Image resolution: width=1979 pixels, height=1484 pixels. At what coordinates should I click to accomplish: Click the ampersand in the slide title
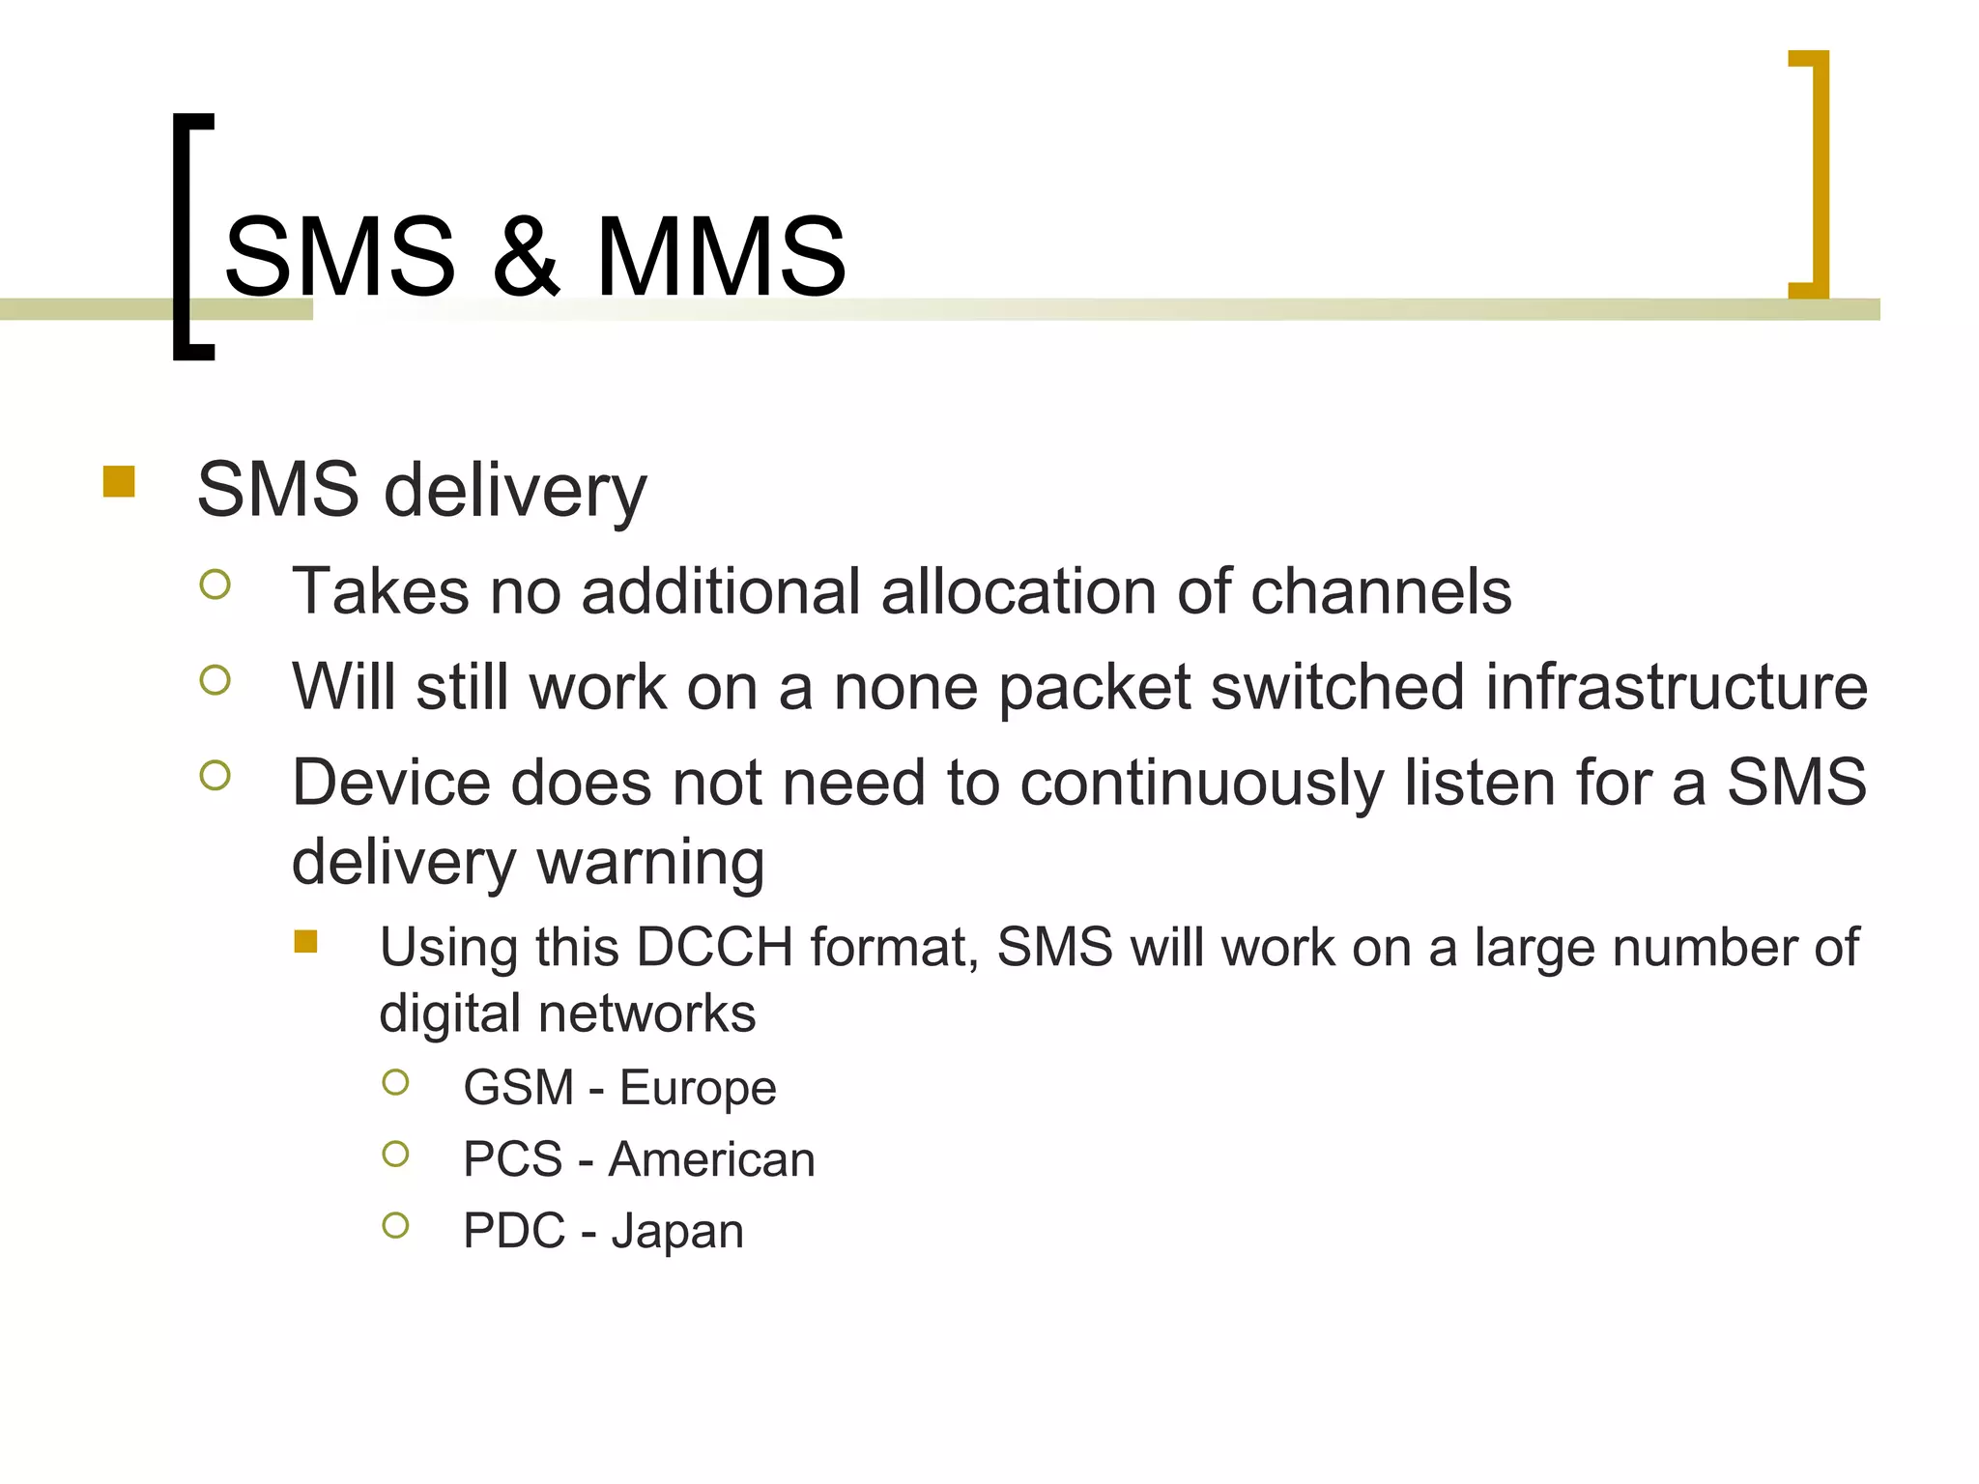526,256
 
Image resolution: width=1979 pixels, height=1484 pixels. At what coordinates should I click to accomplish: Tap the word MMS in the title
721,256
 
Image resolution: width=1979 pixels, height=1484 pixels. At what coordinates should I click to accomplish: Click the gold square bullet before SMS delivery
119,481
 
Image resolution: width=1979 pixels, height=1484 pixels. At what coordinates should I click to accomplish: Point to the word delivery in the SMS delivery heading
515,491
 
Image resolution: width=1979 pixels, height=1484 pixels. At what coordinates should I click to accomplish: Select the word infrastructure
1676,687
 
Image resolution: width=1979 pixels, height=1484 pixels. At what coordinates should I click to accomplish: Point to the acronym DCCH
715,947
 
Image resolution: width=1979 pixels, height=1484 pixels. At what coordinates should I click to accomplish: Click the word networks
647,1013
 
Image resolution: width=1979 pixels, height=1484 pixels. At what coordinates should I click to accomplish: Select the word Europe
698,1088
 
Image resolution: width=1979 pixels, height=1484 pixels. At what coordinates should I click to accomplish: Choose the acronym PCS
512,1159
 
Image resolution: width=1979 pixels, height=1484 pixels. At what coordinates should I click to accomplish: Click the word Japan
677,1232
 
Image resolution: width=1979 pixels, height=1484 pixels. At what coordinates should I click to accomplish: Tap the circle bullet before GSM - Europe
395,1082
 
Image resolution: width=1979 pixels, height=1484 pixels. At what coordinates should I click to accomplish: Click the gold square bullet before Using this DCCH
306,941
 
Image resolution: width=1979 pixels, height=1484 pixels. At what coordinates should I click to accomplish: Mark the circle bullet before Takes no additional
215,585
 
